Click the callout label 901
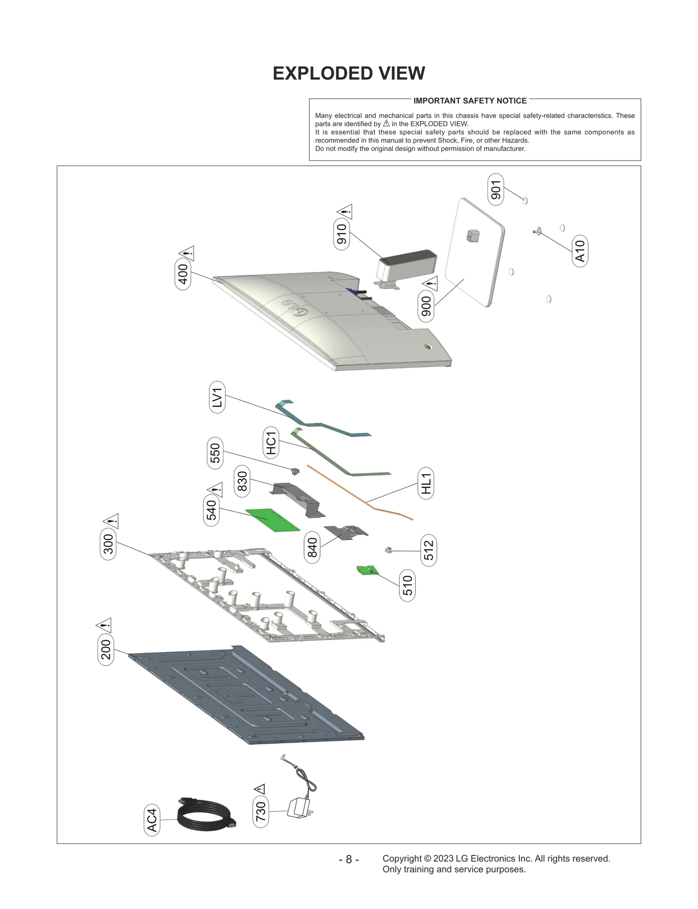point(496,189)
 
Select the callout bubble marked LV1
point(217,398)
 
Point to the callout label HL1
point(426,483)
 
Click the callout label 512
point(429,550)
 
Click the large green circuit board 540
point(273,519)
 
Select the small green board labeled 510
point(368,570)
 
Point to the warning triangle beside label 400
point(187,253)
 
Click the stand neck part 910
point(406,264)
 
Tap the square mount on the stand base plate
point(472,236)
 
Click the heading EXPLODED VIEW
point(349,73)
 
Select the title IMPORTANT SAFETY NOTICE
point(470,101)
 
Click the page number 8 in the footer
point(349,859)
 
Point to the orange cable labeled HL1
point(358,493)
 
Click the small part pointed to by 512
point(387,550)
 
